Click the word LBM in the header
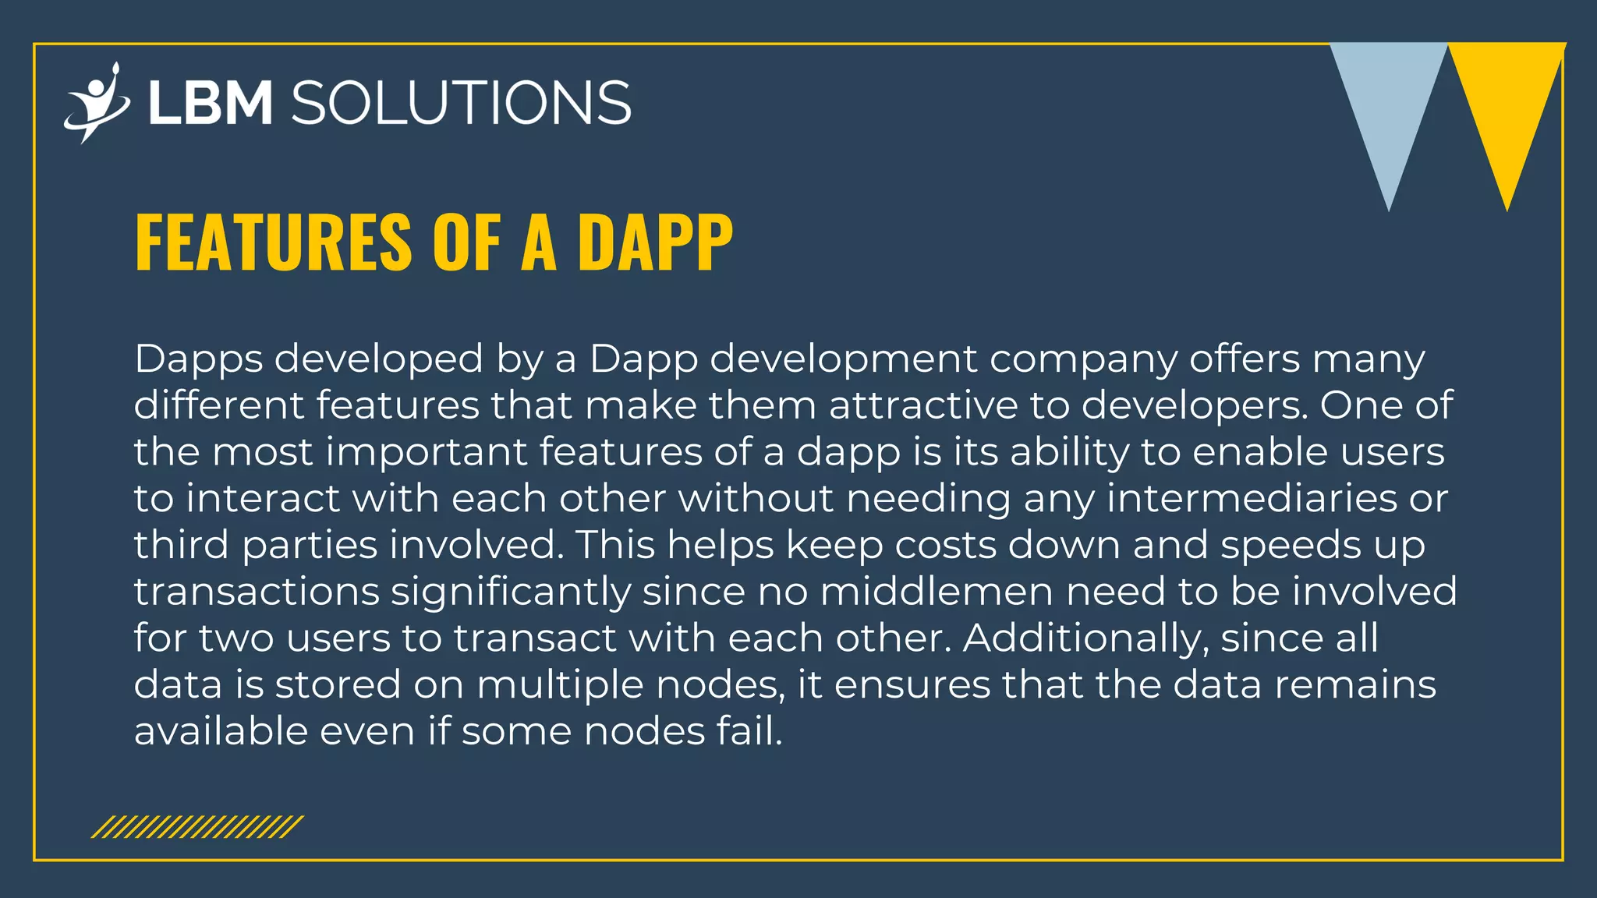210,103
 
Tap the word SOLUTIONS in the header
461,103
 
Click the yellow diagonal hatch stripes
197,827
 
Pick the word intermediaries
1252,498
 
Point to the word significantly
511,592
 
